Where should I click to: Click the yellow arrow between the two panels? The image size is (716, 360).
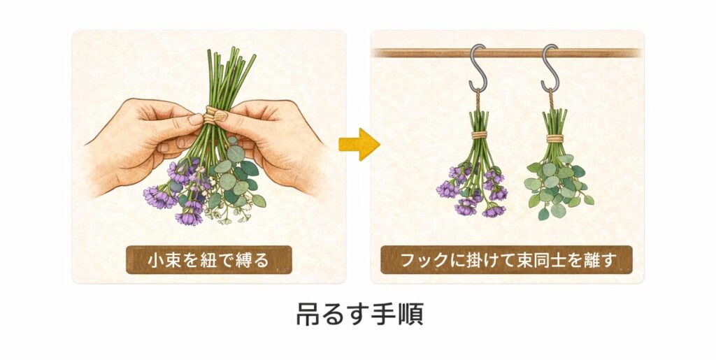(x=359, y=144)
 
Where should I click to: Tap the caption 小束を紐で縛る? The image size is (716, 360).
(x=208, y=259)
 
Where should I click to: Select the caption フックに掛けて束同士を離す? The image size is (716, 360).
(x=507, y=259)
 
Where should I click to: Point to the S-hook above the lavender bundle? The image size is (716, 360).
(x=478, y=69)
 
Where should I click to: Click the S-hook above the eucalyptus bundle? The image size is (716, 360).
(x=550, y=69)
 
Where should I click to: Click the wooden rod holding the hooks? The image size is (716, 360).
(x=420, y=53)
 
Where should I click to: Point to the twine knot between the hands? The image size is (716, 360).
(x=215, y=115)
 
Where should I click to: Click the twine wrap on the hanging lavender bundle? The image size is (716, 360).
(x=478, y=134)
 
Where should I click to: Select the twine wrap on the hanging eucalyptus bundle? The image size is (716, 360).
(x=555, y=138)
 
